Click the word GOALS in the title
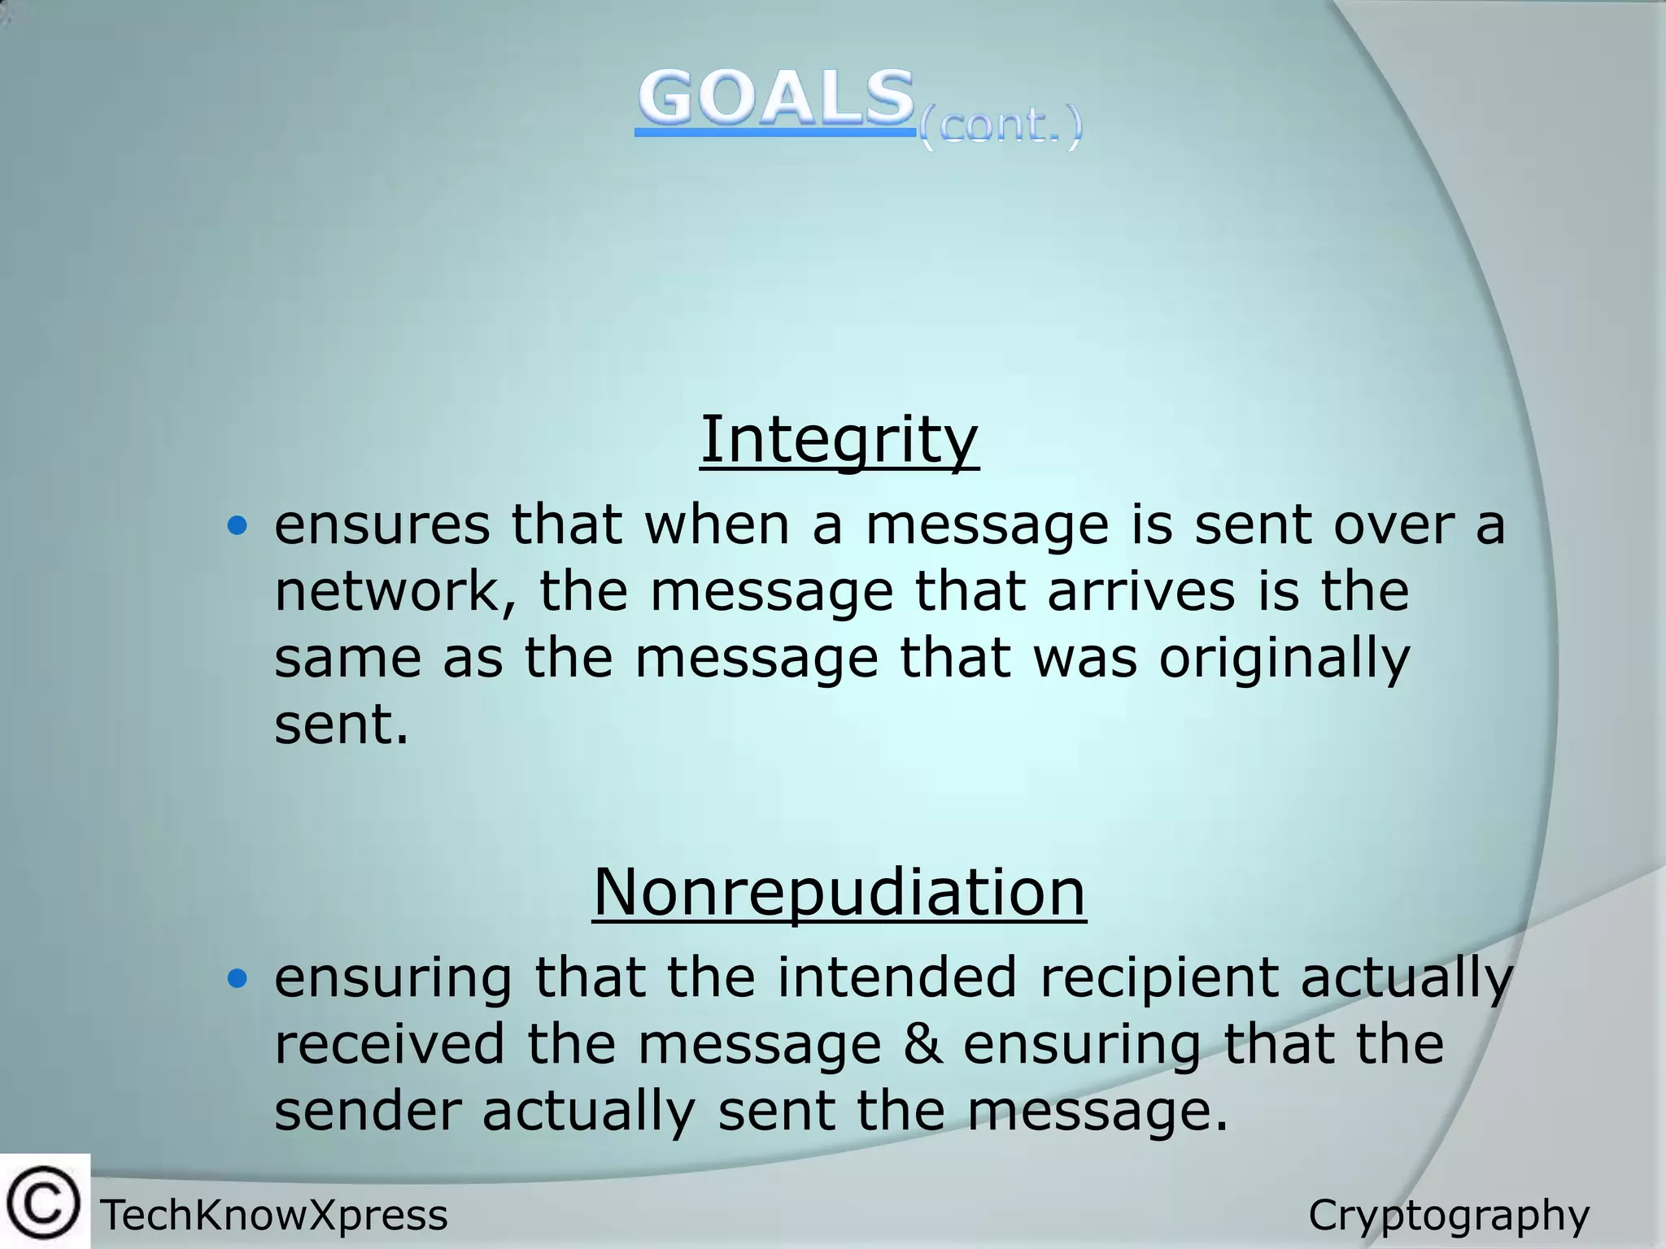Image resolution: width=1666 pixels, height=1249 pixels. (x=775, y=99)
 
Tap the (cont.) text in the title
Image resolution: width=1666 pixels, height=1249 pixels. (x=1001, y=127)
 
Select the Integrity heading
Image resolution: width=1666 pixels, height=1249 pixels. (x=839, y=439)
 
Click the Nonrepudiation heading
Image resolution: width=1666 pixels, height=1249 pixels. (x=839, y=892)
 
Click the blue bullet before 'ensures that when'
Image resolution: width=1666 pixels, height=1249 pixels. (x=237, y=526)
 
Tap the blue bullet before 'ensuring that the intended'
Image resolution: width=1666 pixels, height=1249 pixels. (x=237, y=979)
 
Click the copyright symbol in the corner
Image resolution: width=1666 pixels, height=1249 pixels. (x=44, y=1203)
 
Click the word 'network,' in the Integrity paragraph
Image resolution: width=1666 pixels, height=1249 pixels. (x=395, y=591)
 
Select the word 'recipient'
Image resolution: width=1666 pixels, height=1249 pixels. (x=1158, y=979)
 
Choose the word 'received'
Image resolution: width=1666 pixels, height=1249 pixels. (x=389, y=1044)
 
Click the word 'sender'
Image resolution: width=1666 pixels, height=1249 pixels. (x=368, y=1111)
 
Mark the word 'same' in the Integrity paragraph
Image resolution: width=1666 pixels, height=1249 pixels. (x=347, y=658)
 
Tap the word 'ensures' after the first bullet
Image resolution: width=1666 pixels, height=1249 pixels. (x=382, y=524)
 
